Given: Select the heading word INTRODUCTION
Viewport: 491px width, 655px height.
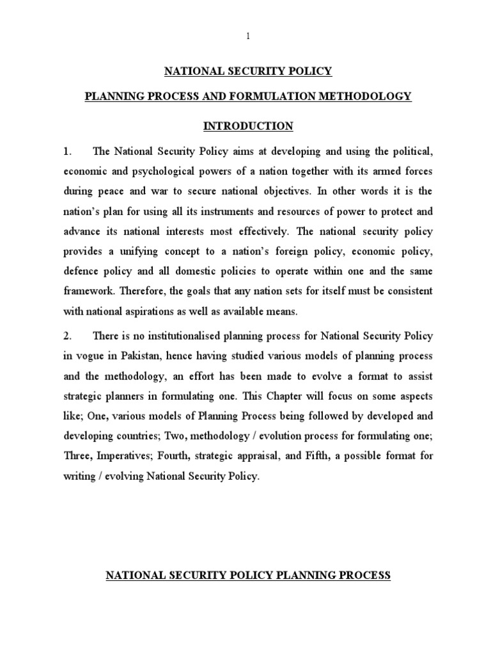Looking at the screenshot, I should click(x=248, y=126).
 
